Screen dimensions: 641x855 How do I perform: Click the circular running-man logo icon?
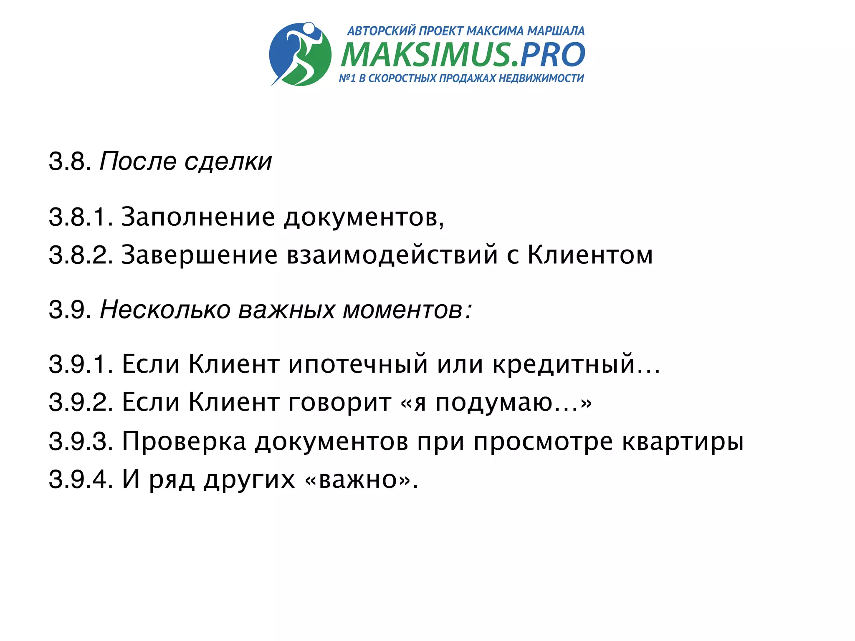[x=300, y=54]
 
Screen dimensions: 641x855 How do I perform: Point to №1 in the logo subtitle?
[x=347, y=78]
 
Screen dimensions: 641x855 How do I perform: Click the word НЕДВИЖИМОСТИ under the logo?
[x=541, y=78]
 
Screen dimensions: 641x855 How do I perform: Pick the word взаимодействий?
[x=392, y=255]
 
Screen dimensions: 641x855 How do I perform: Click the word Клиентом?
[x=590, y=255]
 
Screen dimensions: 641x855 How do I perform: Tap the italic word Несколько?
[x=165, y=310]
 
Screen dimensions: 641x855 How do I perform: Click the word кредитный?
[x=564, y=364]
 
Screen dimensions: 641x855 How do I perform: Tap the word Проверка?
[x=184, y=441]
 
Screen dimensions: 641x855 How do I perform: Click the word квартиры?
[x=683, y=441]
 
